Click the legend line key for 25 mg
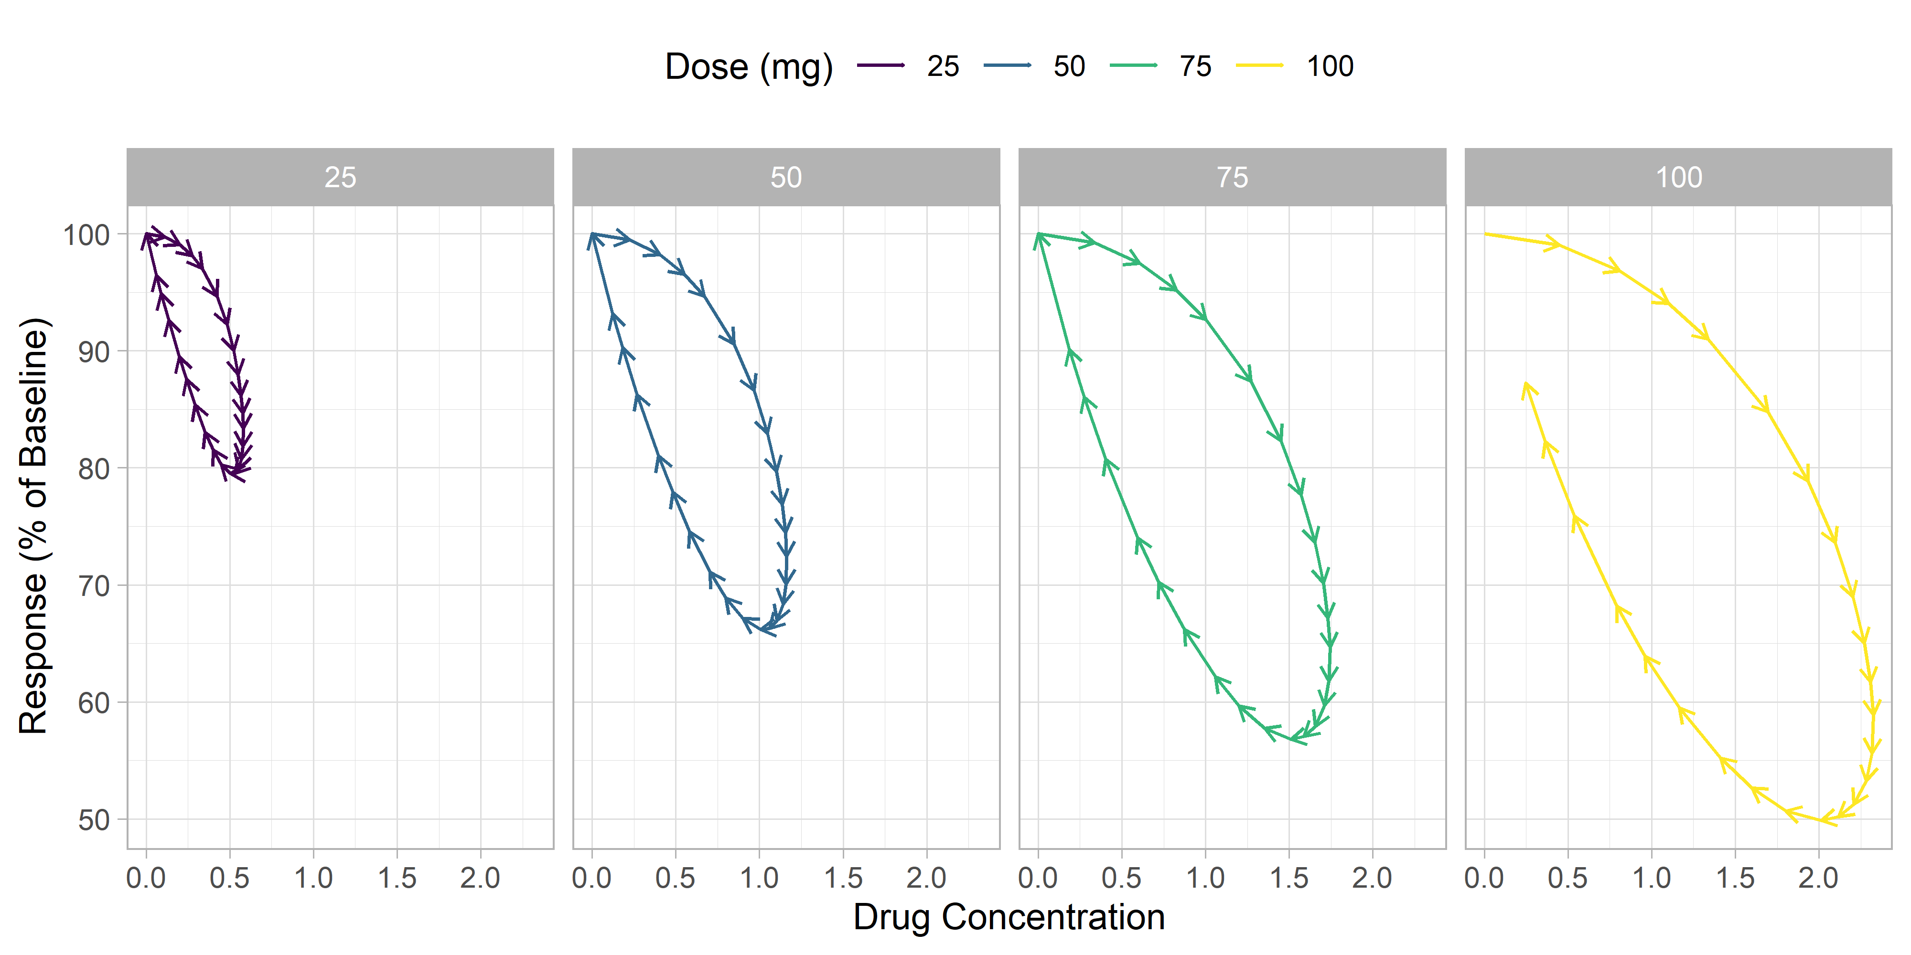[x=880, y=66]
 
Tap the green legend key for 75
[x=1133, y=66]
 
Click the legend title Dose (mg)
[x=749, y=67]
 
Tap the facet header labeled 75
[x=1232, y=177]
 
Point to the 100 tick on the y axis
[x=86, y=235]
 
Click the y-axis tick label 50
[x=94, y=820]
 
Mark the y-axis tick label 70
[x=94, y=586]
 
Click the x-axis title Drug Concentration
[x=1009, y=917]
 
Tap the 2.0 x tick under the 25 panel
[x=480, y=879]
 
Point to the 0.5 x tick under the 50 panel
[x=675, y=879]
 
